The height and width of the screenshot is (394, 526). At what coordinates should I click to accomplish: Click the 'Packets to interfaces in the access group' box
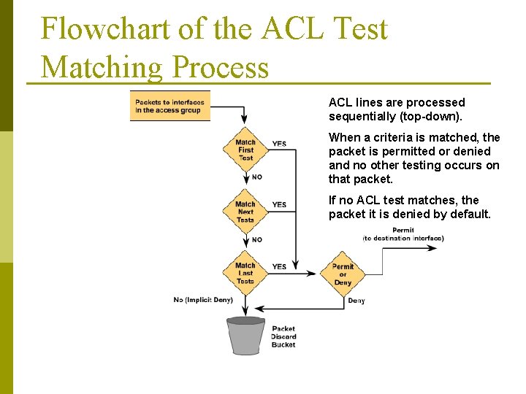[x=169, y=107]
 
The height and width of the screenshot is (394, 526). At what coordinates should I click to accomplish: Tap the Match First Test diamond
[x=245, y=150]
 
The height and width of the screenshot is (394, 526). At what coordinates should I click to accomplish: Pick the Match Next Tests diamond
[x=245, y=212]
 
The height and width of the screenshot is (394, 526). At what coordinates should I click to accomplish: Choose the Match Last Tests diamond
[x=245, y=273]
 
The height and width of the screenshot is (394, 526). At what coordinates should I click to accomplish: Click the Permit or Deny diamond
[x=343, y=274]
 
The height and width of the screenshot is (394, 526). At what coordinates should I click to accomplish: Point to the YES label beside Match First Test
[x=279, y=144]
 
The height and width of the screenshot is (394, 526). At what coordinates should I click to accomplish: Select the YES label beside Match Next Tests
[x=279, y=204]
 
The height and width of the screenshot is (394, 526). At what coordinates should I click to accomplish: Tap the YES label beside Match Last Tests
[x=279, y=267]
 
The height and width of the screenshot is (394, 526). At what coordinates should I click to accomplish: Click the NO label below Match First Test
[x=257, y=177]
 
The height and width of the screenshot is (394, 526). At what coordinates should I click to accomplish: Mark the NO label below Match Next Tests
[x=257, y=239]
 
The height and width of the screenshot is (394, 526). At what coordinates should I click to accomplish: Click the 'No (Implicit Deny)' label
[x=203, y=300]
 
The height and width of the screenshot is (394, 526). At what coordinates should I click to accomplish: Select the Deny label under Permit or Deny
[x=357, y=301]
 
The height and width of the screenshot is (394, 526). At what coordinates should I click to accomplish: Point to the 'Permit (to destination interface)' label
[x=403, y=234]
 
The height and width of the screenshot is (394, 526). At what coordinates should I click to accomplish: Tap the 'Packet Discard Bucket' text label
[x=283, y=336]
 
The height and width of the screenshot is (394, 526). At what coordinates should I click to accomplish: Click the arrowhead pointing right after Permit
[x=432, y=248]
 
